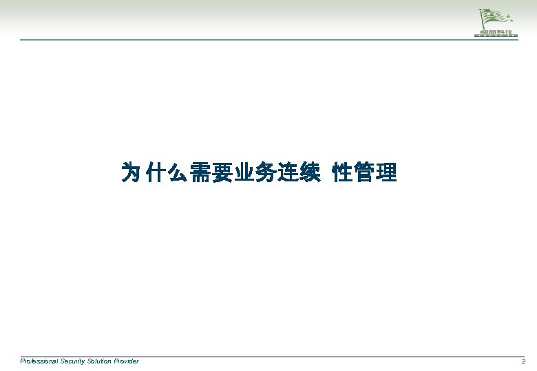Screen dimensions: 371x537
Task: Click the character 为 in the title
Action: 131,172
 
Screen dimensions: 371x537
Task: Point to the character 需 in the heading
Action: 200,172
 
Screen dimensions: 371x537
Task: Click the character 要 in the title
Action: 222,172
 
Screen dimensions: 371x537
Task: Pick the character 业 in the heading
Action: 244,172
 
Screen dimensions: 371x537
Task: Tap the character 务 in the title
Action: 266,172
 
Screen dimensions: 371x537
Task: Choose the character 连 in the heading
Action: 288,172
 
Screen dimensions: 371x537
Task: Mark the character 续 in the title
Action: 310,172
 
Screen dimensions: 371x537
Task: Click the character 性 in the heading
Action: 342,172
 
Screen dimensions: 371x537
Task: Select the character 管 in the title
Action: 364,172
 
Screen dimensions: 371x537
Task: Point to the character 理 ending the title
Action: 386,172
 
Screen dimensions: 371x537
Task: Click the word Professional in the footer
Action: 40,361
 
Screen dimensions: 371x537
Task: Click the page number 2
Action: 523,361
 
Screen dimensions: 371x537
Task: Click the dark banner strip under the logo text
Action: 496,35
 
